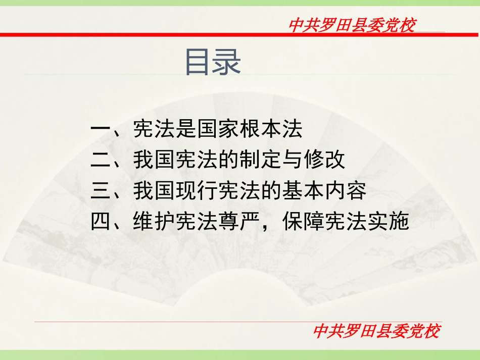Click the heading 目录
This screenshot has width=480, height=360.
click(213, 62)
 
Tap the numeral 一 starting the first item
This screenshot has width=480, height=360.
click(101, 130)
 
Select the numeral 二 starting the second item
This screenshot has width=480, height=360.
click(101, 161)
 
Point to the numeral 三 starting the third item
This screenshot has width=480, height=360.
click(101, 191)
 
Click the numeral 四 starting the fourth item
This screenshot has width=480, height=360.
click(101, 222)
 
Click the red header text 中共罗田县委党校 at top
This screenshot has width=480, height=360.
click(352, 25)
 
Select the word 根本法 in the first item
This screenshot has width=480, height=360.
click(270, 130)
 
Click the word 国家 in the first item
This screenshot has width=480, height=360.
click(217, 130)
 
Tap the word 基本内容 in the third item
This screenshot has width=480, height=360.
click(323, 191)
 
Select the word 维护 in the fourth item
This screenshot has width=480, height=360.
click(154, 222)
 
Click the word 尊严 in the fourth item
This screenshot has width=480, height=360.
click(238, 222)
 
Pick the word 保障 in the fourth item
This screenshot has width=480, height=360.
click(302, 222)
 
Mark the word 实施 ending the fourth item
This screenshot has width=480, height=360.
click(387, 222)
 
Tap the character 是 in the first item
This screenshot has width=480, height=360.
click(185, 130)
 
